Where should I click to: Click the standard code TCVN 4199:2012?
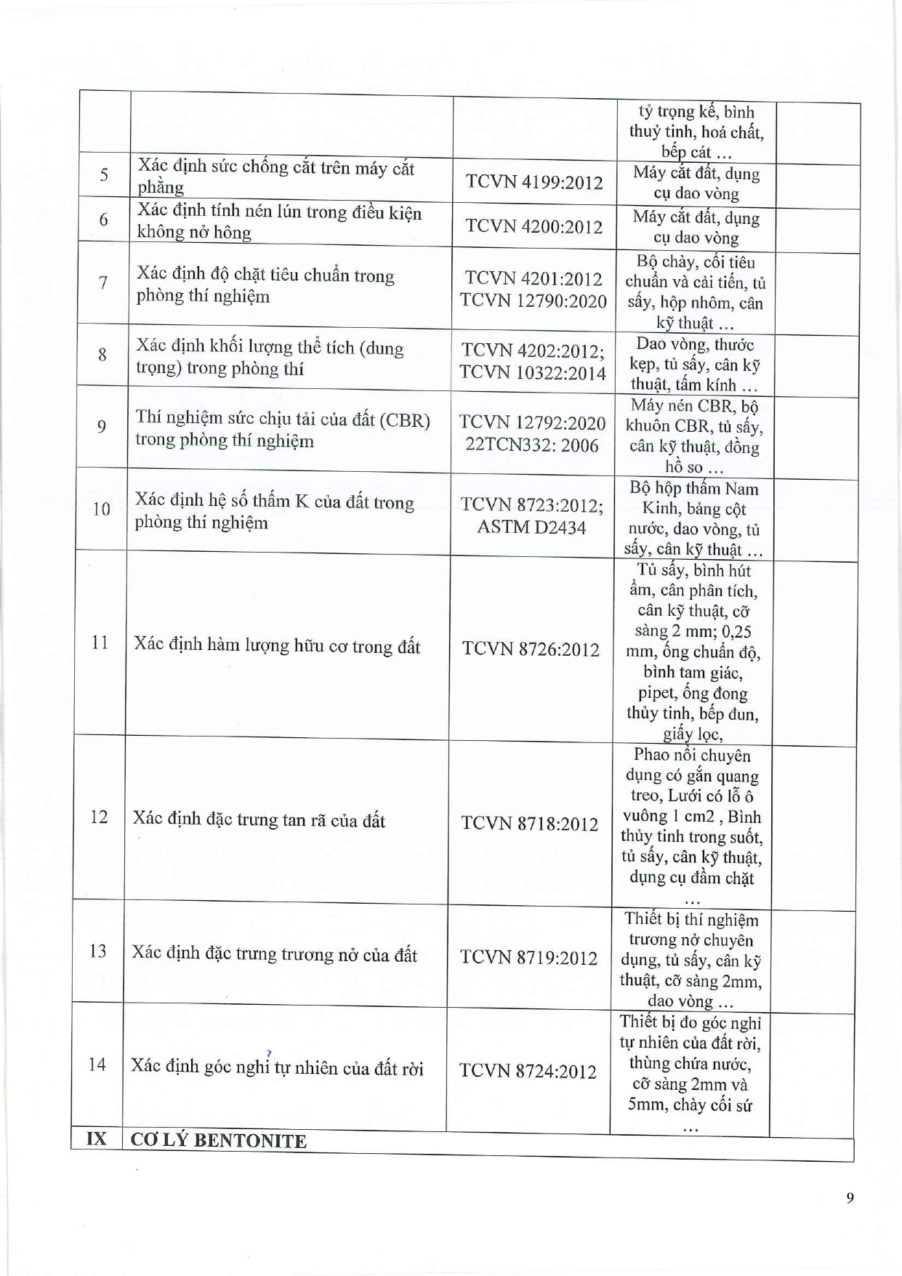(534, 182)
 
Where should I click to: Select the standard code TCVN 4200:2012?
(534, 226)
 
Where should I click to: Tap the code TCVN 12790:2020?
(533, 301)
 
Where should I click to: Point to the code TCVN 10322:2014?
(532, 373)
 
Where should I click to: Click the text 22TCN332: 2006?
(532, 445)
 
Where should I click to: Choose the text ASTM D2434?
(531, 527)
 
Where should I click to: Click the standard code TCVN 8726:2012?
(531, 649)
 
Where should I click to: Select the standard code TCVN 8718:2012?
(530, 824)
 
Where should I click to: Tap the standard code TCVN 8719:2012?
(529, 957)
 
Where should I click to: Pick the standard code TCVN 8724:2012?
(528, 1071)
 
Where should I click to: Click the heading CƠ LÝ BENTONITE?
(218, 1141)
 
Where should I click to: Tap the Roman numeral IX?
(96, 1139)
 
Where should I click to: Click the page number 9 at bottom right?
(850, 1198)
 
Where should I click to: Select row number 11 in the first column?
(100, 643)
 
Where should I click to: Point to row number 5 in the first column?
(104, 174)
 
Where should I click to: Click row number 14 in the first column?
(97, 1065)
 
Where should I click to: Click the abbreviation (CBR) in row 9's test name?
(405, 421)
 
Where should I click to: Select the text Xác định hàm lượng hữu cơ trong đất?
(277, 646)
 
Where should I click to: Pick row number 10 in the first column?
(101, 509)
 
